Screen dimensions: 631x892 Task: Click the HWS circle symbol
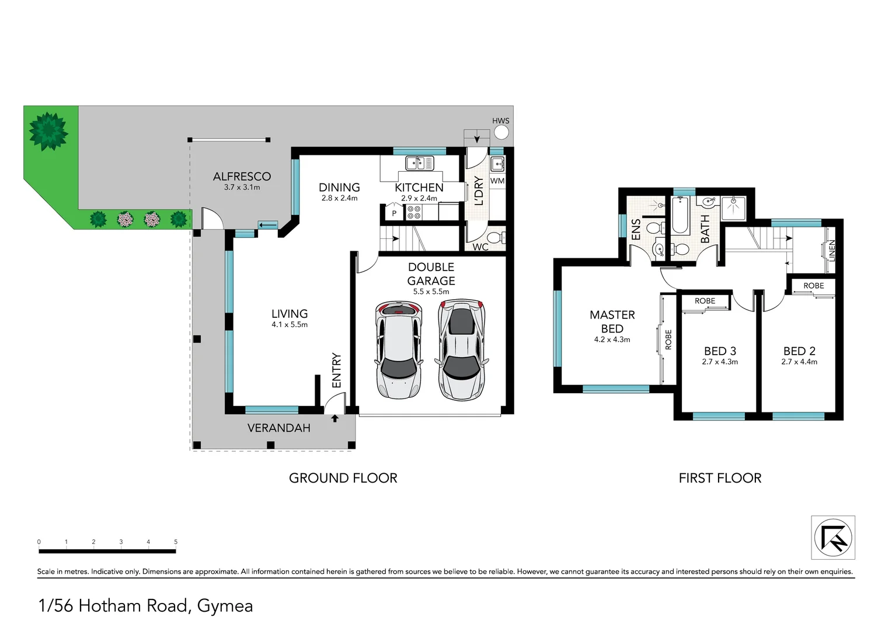pyautogui.click(x=501, y=133)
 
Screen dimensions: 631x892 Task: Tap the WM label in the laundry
pyautogui.click(x=497, y=181)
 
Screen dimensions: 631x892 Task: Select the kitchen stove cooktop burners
pyautogui.click(x=414, y=212)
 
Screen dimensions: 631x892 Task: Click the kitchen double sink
pyautogui.click(x=420, y=163)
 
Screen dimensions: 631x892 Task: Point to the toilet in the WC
pyautogui.click(x=496, y=238)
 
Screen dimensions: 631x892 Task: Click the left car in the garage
pyautogui.click(x=398, y=349)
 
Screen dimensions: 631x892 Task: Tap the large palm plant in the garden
pyautogui.click(x=48, y=131)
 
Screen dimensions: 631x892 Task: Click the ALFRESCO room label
pyautogui.click(x=242, y=176)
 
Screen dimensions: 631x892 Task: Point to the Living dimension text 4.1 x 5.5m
pyautogui.click(x=290, y=325)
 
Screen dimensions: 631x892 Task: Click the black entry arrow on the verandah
pyautogui.click(x=334, y=418)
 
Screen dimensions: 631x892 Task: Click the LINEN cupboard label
pyautogui.click(x=832, y=250)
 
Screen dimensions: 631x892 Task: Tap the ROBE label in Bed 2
pyautogui.click(x=813, y=286)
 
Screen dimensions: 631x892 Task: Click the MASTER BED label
pyautogui.click(x=612, y=322)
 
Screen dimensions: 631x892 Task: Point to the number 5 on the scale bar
pyautogui.click(x=176, y=542)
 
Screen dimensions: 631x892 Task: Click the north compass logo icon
pyautogui.click(x=833, y=538)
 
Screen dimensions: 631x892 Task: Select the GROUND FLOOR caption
pyautogui.click(x=343, y=478)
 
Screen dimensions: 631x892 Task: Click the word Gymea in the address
pyautogui.click(x=225, y=606)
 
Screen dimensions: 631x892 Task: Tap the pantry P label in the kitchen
pyautogui.click(x=394, y=213)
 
